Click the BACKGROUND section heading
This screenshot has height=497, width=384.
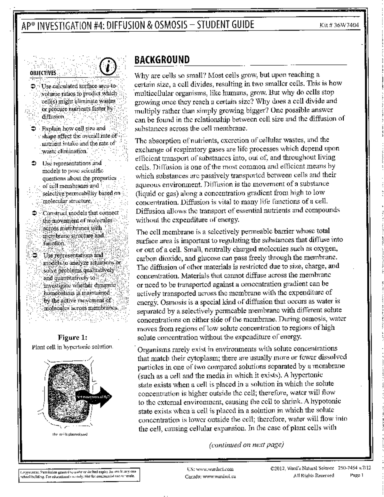click(162, 60)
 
